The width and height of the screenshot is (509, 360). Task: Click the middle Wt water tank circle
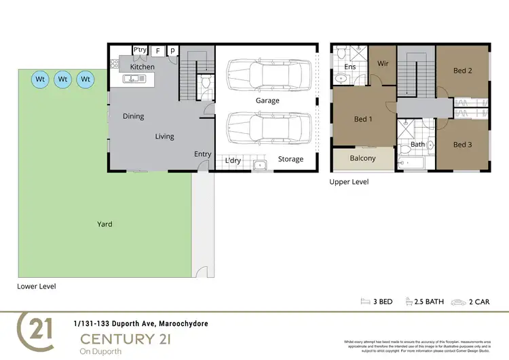63,79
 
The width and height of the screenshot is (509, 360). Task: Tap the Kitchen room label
143,67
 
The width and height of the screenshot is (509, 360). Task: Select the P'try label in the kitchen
140,50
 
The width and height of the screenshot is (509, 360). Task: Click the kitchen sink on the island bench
134,79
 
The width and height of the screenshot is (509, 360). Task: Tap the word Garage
267,101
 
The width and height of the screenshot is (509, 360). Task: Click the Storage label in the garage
290,160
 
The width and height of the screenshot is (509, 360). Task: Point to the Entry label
203,154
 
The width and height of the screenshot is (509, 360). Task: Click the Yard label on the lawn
105,223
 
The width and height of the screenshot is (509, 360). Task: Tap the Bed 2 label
462,71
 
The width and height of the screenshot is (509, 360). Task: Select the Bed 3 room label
462,144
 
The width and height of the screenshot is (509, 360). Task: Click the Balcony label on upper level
362,158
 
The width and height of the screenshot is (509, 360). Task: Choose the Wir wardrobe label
382,63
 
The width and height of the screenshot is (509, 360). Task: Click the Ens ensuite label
350,67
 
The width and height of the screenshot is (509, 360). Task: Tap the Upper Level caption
349,182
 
